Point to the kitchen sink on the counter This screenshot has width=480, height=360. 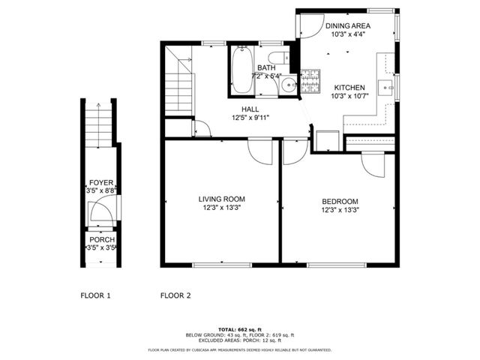click(387, 88)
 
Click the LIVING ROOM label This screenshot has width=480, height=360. click(221, 199)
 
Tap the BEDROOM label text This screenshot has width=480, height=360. click(340, 201)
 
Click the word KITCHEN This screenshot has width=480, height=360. click(349, 86)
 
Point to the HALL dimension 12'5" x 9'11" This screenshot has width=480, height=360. click(250, 118)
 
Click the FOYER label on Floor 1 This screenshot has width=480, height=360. click(100, 182)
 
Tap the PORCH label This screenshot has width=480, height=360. click(101, 239)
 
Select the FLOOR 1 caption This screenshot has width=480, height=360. click(95, 295)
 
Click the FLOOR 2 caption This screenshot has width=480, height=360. click(175, 295)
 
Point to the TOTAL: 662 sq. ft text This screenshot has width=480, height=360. click(239, 329)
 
